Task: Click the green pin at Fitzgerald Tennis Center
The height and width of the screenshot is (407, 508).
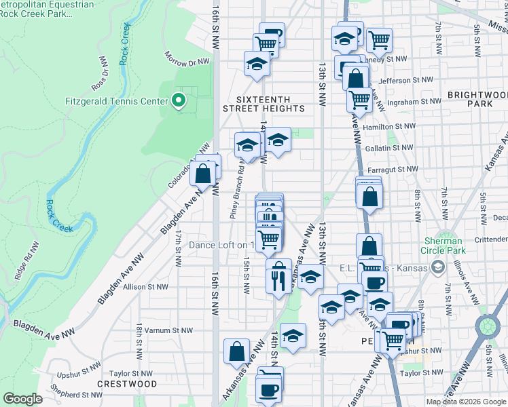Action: pos(179,101)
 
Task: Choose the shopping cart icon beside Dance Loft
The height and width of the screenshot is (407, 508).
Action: pos(269,239)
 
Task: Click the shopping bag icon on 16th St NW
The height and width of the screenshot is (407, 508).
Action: pos(203,174)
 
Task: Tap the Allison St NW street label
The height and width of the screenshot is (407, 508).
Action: pos(145,287)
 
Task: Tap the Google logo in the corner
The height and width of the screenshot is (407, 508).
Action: pos(22,399)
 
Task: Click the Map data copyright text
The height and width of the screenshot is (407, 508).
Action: pos(466,402)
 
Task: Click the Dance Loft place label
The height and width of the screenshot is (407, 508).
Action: pos(221,245)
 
